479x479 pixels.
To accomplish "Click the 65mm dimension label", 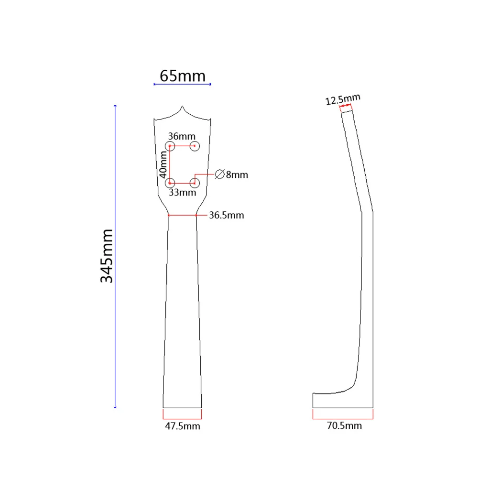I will click(x=182, y=76).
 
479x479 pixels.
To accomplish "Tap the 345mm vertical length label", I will click(x=107, y=256).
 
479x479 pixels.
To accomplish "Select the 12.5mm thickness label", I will click(x=342, y=100).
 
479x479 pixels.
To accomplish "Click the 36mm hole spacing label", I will click(x=182, y=136).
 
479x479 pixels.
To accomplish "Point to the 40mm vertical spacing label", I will click(x=163, y=163).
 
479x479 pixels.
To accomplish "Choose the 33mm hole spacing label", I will click(x=182, y=193).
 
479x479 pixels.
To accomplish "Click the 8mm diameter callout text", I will click(x=237, y=175).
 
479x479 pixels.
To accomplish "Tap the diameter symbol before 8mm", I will click(x=219, y=174).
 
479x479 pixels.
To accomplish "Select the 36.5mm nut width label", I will click(x=226, y=216).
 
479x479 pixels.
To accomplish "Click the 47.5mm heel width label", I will click(x=182, y=426).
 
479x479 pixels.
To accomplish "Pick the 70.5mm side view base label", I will click(x=344, y=425).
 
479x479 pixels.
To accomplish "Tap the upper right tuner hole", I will click(x=194, y=145).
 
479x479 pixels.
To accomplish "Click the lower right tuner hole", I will click(x=194, y=183).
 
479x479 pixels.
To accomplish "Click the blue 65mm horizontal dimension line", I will click(x=182, y=85).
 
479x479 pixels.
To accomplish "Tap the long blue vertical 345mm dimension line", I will click(x=115, y=256).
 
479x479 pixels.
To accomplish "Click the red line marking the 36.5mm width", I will click(x=182, y=216).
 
